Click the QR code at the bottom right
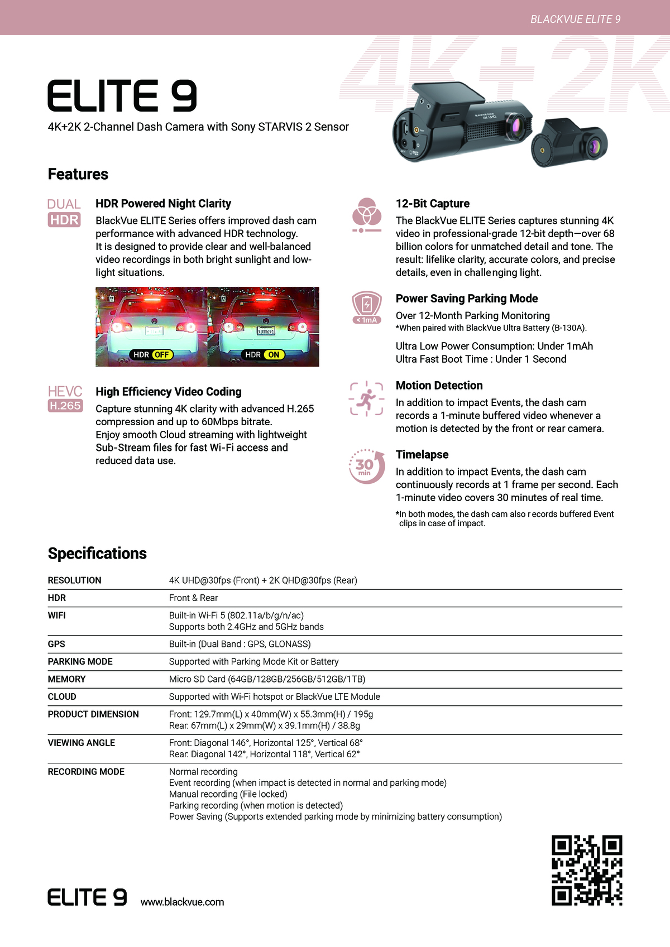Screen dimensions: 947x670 point(587,870)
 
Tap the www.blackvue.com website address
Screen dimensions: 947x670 point(182,902)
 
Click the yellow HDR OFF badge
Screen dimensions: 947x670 point(161,355)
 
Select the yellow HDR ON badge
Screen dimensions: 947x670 point(273,355)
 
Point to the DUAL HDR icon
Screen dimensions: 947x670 point(64,213)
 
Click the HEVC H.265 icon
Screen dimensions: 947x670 point(65,398)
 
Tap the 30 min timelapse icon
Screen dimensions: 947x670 point(366,467)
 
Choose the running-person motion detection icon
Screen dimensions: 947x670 point(366,398)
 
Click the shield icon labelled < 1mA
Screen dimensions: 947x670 point(367,307)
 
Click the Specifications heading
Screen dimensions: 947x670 point(97,554)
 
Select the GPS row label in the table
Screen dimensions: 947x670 point(56,644)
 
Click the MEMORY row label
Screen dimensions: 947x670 point(66,679)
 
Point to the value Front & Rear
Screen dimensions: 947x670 point(193,598)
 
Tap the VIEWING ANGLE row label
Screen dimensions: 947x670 point(82,743)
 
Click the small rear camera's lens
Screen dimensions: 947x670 point(594,147)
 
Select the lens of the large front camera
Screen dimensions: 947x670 point(515,126)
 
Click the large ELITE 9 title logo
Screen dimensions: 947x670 point(122,96)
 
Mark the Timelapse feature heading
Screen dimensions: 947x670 point(422,455)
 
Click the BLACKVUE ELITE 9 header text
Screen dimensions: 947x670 point(575,20)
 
